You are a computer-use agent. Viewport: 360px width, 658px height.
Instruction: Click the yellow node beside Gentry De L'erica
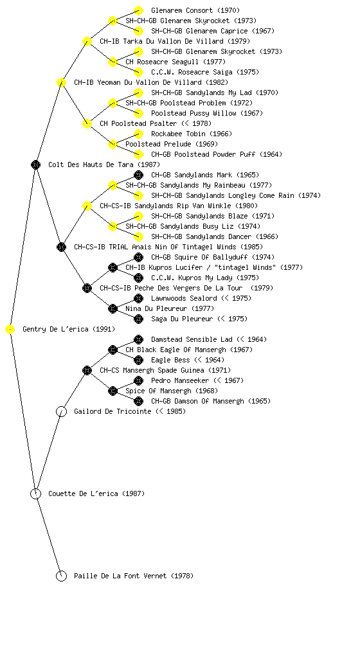pyautogui.click(x=10, y=330)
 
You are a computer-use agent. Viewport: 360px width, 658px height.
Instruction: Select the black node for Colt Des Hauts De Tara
pyautogui.click(x=35, y=165)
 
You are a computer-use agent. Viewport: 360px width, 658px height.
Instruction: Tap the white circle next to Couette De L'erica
pyautogui.click(x=35, y=494)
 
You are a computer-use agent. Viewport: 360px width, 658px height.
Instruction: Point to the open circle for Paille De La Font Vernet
pyautogui.click(x=61, y=576)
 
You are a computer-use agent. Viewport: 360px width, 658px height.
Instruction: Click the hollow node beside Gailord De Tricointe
pyautogui.click(x=61, y=412)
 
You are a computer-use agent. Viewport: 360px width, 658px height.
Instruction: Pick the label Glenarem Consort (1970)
pyautogui.click(x=195, y=10)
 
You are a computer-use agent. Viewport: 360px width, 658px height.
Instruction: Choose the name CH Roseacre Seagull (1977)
pyautogui.click(x=175, y=62)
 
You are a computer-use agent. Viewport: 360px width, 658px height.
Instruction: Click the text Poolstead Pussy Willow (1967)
pyautogui.click(x=207, y=113)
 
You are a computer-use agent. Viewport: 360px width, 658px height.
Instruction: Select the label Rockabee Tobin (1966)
pyautogui.click(x=192, y=134)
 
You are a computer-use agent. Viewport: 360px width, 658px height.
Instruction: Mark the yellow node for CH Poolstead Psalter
pyautogui.click(x=87, y=124)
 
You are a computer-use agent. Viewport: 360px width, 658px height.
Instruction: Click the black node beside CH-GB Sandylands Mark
pyautogui.click(x=138, y=175)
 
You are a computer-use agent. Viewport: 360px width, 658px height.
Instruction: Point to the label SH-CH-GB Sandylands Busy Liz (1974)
pyautogui.click(x=193, y=227)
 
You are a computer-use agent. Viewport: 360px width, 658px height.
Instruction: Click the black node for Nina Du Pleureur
pyautogui.click(x=113, y=309)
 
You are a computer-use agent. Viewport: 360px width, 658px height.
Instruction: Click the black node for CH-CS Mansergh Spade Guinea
pyautogui.click(x=87, y=371)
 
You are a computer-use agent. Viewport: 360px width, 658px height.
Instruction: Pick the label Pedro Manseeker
pyautogui.click(x=180, y=380)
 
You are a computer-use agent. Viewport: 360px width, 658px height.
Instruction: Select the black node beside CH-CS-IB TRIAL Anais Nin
pyautogui.click(x=61, y=247)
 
